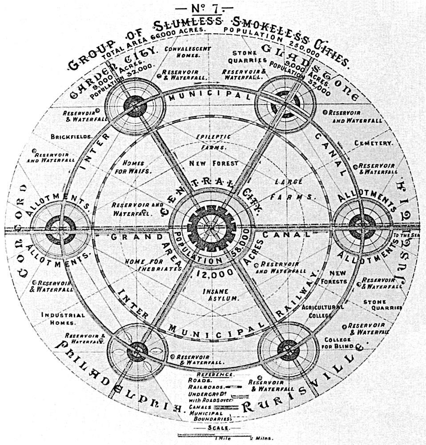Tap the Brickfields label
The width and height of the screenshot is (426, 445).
(x=71, y=136)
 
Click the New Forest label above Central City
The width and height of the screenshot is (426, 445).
(x=213, y=163)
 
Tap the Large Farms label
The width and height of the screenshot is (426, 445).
(x=295, y=189)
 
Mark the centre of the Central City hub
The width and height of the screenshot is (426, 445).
(x=210, y=226)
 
